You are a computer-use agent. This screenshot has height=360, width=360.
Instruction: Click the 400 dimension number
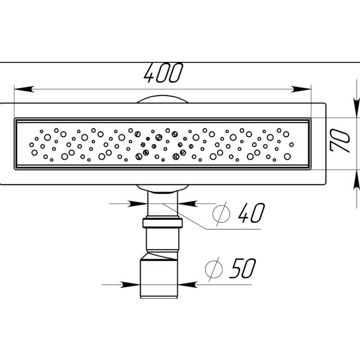[164, 73]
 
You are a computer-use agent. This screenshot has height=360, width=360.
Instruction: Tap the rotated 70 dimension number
[340, 141]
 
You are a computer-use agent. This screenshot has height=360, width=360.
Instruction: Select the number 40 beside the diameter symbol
[251, 213]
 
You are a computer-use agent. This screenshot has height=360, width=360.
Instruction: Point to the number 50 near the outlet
[242, 268]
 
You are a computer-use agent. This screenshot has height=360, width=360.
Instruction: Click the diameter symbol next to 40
[221, 214]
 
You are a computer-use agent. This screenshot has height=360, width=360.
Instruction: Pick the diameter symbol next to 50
[214, 269]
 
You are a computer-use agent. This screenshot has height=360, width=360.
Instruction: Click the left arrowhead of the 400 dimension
[24, 89]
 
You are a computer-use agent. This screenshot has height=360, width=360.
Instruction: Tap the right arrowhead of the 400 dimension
[301, 89]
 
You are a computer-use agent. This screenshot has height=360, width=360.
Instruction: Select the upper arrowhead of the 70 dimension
[357, 107]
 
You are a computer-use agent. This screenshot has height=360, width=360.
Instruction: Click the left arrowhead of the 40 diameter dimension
[137, 204]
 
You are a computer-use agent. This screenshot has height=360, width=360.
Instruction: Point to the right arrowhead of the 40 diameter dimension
[187, 204]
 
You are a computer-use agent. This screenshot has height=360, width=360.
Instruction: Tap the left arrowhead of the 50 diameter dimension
[130, 285]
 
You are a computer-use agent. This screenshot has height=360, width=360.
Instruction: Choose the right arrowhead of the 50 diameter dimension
[187, 285]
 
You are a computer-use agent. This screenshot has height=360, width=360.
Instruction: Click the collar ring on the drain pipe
[163, 223]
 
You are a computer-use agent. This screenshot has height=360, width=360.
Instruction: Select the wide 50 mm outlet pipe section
[159, 279]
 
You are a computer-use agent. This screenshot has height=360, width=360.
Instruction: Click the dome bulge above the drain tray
[163, 99]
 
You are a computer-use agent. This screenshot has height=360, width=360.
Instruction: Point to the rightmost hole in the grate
[291, 145]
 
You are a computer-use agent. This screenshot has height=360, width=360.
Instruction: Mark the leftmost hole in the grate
[31, 145]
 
